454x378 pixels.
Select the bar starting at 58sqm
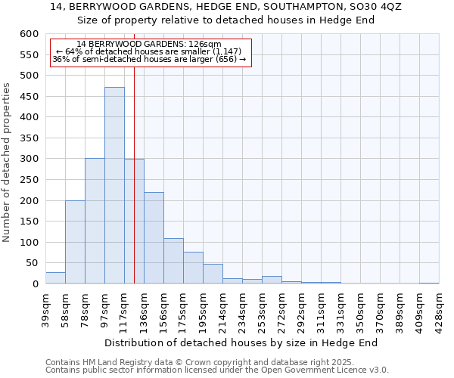(75, 242)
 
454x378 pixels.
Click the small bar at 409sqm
(429, 283)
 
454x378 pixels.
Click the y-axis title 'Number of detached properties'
(8, 163)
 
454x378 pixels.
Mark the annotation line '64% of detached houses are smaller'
(149, 52)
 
